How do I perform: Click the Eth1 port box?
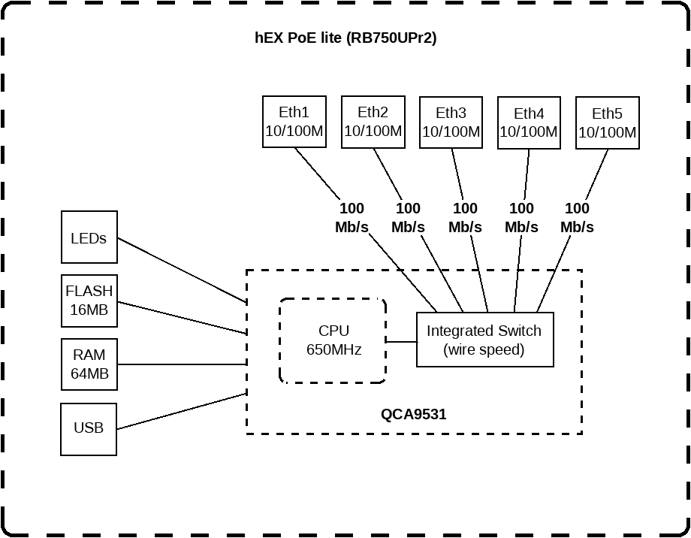[x=294, y=122]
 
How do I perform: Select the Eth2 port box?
[x=373, y=122]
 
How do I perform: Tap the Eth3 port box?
[x=451, y=122]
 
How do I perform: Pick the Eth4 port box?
[x=529, y=122]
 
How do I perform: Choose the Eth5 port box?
[x=607, y=122]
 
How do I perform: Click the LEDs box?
[x=89, y=237]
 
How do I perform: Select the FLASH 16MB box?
[x=89, y=301]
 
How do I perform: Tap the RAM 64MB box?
[x=89, y=364]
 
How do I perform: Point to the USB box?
[x=89, y=428]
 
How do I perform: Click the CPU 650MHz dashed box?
[x=333, y=340]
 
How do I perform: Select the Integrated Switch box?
[x=484, y=340]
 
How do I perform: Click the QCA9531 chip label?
[x=414, y=413]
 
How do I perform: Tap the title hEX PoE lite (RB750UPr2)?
[x=345, y=38]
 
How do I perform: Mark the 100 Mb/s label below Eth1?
[x=352, y=217]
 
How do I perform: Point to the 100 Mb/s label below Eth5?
[x=577, y=217]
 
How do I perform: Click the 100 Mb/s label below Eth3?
[x=465, y=217]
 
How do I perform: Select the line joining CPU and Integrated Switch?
[x=401, y=341]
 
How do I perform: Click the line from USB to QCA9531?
[x=182, y=411]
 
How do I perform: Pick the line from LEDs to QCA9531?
[x=182, y=271]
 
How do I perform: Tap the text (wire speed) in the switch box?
[x=484, y=349]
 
